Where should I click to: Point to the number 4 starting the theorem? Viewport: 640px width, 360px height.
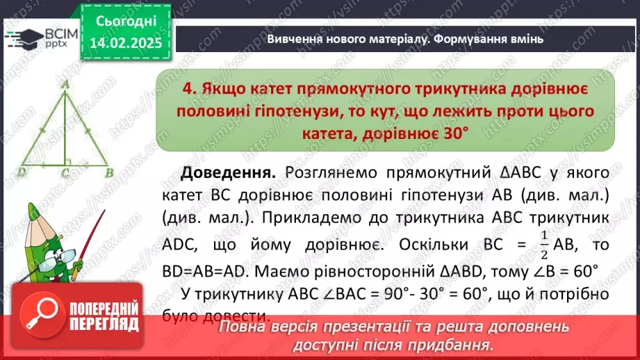[x=186, y=90]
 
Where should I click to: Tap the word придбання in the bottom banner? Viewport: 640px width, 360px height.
[x=453, y=344]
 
